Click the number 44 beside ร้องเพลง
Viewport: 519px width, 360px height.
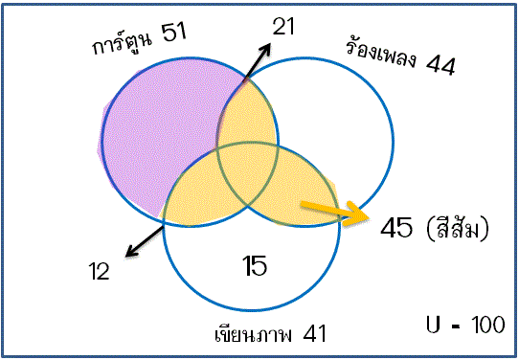(x=440, y=66)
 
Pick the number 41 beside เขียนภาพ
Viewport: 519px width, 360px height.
(x=314, y=334)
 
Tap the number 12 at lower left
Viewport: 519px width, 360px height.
(x=98, y=271)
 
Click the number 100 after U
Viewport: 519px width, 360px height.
(x=487, y=326)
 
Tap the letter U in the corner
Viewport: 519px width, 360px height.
(x=435, y=326)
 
